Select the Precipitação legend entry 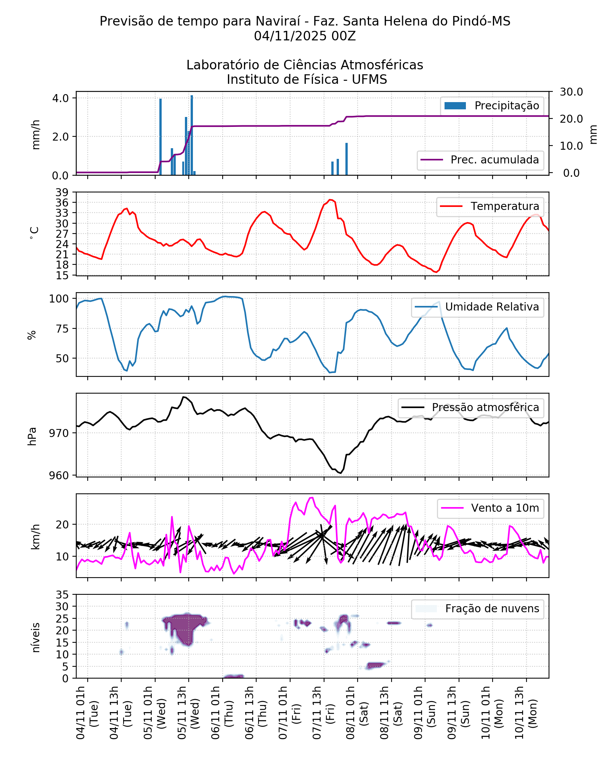coord(492,106)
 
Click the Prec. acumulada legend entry coord(480,160)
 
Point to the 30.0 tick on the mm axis coord(571,92)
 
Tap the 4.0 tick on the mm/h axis coord(60,98)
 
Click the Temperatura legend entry coord(490,207)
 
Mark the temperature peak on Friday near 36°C coord(331,200)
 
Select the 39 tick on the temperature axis coord(62,192)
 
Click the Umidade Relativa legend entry coord(477,307)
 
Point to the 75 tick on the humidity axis coord(64,328)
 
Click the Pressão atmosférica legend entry coord(471,408)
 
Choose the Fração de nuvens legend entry coord(477,609)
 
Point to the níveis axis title coord(36,637)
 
